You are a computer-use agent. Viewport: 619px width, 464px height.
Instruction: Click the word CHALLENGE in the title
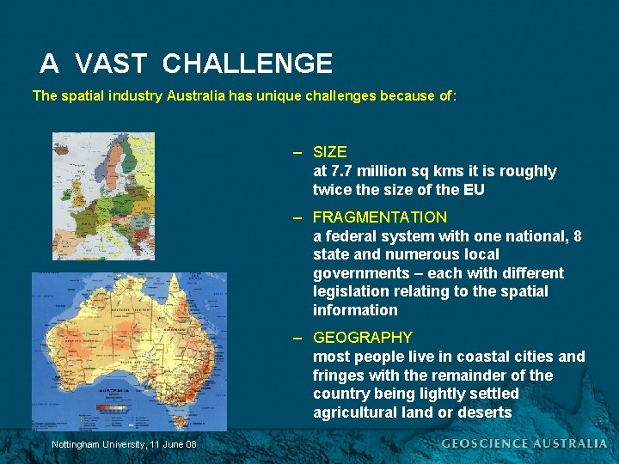click(247, 64)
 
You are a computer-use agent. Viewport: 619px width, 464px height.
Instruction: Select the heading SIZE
click(330, 152)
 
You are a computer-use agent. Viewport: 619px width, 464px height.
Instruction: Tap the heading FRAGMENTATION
click(380, 217)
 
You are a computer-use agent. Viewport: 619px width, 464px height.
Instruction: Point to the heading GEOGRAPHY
click(363, 338)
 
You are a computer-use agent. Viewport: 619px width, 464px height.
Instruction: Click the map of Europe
click(103, 195)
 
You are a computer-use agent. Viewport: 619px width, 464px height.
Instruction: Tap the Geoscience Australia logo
click(524, 443)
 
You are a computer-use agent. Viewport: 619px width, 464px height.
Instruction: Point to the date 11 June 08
click(173, 443)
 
